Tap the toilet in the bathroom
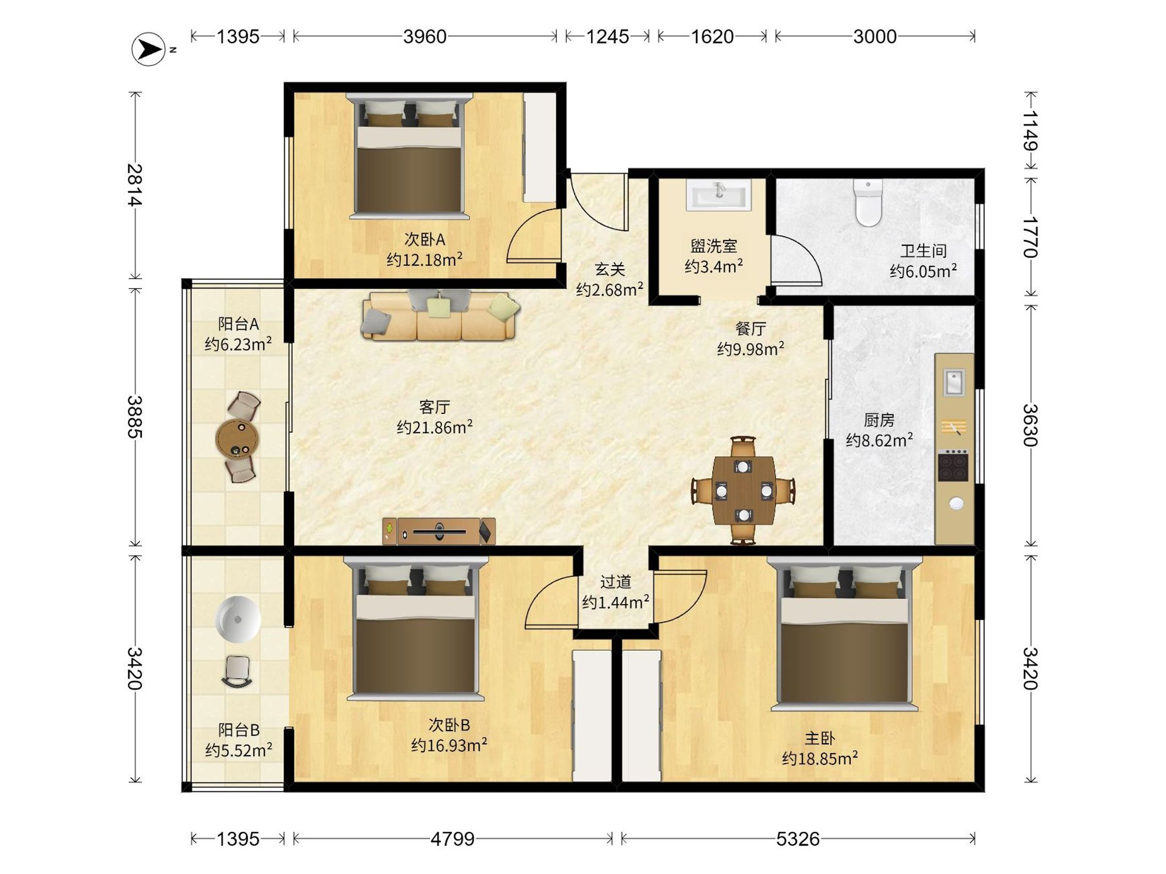tap(868, 203)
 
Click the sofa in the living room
tap(440, 316)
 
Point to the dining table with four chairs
tap(743, 490)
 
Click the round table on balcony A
tap(237, 438)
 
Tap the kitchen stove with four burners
tap(953, 465)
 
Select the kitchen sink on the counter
tap(954, 382)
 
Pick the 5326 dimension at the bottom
tap(798, 839)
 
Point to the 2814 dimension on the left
tap(135, 185)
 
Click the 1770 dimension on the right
tap(1030, 237)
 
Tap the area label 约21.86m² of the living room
tap(435, 427)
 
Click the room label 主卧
tap(820, 739)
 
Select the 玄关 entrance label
tap(610, 270)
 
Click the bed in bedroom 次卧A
tap(410, 156)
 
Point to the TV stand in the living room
tap(439, 531)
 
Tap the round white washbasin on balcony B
tap(238, 619)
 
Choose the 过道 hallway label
tap(616, 582)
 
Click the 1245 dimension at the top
tap(607, 36)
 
